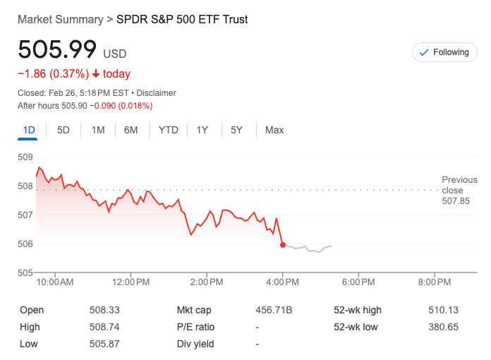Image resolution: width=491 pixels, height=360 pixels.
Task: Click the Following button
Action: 444,52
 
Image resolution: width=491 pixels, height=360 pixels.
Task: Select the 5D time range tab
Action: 63,130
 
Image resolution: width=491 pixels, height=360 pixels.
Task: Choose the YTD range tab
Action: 169,130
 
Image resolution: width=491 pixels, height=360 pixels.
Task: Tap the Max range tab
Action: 274,130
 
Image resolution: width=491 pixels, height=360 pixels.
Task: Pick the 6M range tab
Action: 131,130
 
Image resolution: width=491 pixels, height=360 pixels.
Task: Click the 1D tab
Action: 29,130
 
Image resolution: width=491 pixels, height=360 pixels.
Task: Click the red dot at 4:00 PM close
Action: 283,245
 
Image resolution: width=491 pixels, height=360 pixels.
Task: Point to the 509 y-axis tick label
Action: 25,157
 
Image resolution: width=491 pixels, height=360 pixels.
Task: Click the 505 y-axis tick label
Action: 25,272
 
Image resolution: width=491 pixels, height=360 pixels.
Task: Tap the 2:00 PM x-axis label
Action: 207,282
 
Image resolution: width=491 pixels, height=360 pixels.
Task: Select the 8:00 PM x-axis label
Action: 435,282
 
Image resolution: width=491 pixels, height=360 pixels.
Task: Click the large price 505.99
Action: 57,50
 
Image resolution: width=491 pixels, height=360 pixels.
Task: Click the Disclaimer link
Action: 156,93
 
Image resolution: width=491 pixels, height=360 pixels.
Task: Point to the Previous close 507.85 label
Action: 459,191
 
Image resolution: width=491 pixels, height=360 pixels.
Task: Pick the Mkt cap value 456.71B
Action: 274,310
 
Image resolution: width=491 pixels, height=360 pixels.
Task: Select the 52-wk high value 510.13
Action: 442,310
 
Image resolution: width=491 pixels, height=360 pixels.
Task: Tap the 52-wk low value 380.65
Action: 442,327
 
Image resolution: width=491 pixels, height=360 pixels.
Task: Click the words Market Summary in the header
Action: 60,19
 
